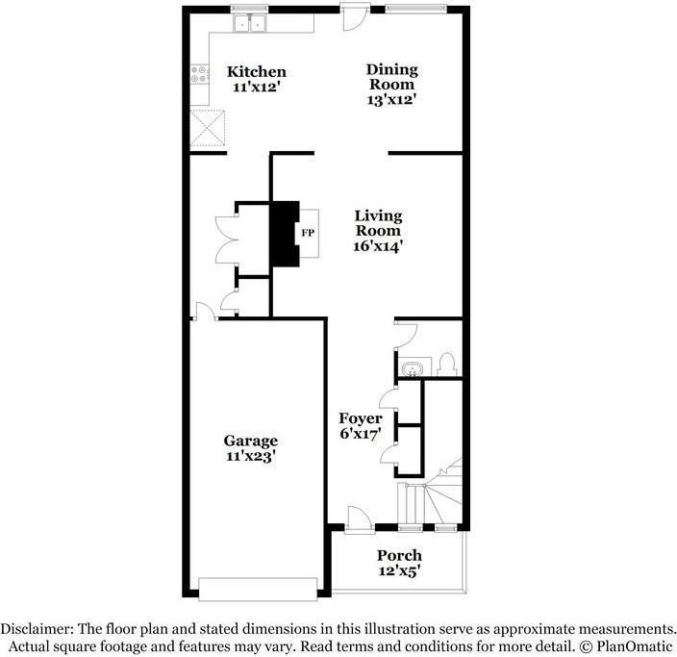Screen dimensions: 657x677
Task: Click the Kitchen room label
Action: [x=256, y=71]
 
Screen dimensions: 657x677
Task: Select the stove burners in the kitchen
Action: [x=201, y=73]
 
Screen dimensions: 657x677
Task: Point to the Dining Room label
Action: [x=391, y=75]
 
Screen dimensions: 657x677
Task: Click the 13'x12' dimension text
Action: [x=391, y=98]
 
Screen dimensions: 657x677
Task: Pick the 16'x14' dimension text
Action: [x=378, y=245]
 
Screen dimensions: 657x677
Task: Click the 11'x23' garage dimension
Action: [x=252, y=457]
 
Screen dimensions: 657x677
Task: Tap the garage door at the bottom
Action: [x=257, y=587]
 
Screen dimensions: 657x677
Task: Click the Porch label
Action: [x=399, y=555]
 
